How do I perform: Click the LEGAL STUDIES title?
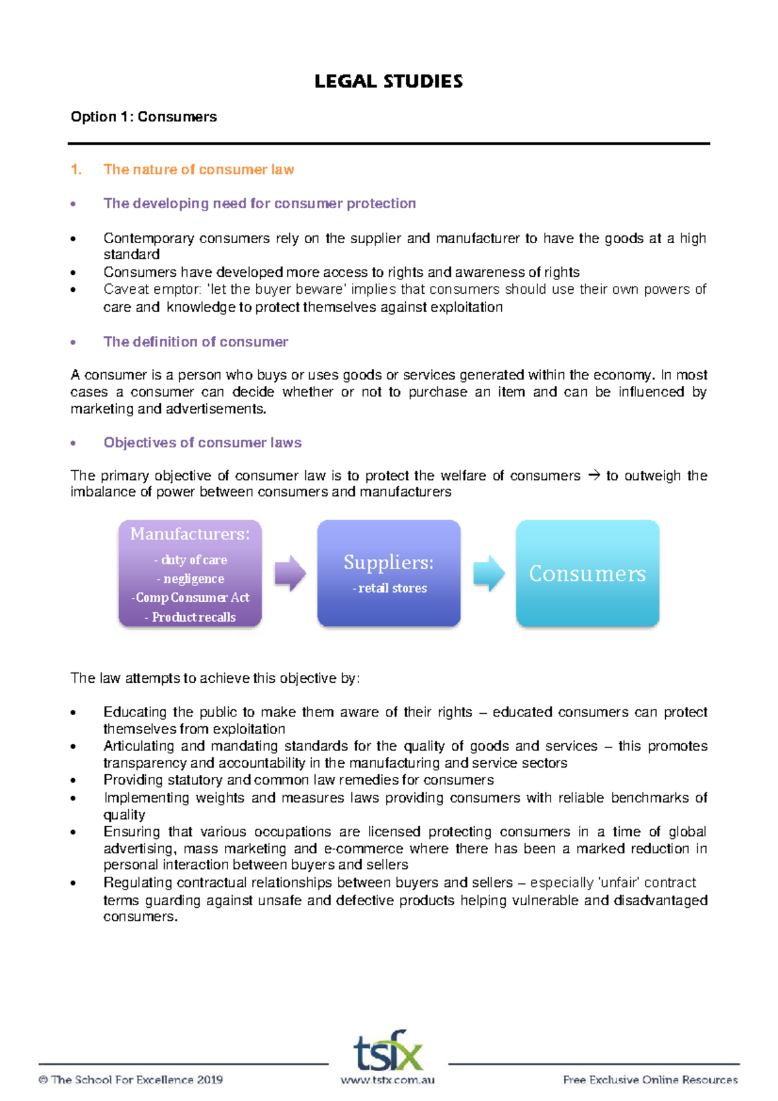tap(388, 82)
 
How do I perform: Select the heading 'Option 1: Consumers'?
tap(143, 117)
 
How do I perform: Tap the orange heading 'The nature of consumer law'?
tap(198, 170)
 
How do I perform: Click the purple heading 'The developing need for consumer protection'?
tap(259, 204)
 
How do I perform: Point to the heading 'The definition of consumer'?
tap(195, 342)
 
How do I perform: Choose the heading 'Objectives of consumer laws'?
tap(202, 443)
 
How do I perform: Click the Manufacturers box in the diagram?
tap(190, 573)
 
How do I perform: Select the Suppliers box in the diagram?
tap(388, 573)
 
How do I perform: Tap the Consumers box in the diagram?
tap(587, 573)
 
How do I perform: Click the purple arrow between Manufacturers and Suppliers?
tap(289, 573)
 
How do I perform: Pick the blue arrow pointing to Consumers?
tap(488, 573)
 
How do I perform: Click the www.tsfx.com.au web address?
tap(388, 1080)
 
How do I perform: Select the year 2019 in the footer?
tap(209, 1080)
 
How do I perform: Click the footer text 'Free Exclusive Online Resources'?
tap(650, 1080)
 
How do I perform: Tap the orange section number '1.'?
tap(77, 170)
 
